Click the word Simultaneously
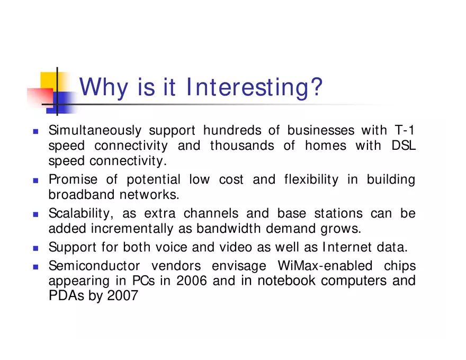(x=95, y=130)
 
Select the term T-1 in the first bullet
(x=405, y=130)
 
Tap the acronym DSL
(x=404, y=146)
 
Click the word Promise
(x=73, y=179)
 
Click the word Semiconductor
(x=94, y=266)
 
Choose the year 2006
(x=191, y=281)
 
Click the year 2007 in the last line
(x=122, y=295)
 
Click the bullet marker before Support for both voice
(x=36, y=248)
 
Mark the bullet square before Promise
(x=36, y=180)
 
